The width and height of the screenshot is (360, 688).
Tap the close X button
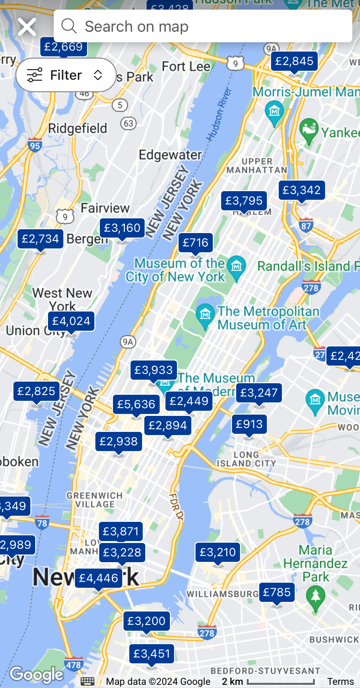(27, 27)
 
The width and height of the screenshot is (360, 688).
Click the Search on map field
(203, 26)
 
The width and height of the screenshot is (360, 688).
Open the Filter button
(66, 75)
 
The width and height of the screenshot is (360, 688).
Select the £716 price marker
(196, 243)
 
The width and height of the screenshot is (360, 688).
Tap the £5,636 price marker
(136, 404)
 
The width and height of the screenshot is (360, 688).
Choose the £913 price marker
(249, 424)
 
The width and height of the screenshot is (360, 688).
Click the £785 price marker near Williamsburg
(277, 592)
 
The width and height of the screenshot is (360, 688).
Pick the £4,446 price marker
(99, 578)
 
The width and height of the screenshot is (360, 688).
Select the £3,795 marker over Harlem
(244, 201)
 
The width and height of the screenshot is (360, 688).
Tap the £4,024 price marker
(71, 321)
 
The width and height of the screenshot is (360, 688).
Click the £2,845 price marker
(294, 61)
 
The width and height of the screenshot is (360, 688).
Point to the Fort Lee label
(186, 67)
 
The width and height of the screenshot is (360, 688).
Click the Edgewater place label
(170, 155)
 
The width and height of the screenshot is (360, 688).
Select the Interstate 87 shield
(306, 226)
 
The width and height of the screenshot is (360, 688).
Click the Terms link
(340, 682)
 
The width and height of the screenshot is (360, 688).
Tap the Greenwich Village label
(94, 500)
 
